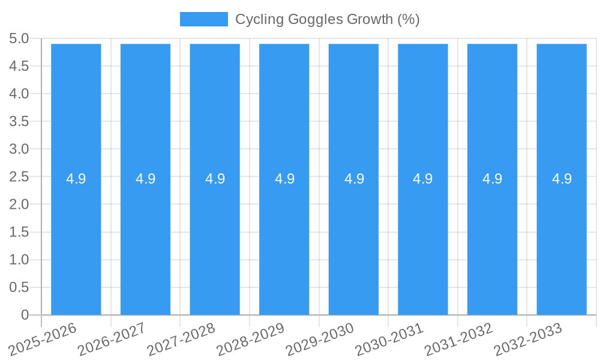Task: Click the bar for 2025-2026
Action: pos(76,240)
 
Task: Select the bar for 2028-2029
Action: pos(284,240)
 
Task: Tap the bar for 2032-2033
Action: pos(562,240)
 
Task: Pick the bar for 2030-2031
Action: pos(423,240)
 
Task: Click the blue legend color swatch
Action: pos(204,19)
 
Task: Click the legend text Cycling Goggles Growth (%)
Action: pos(327,19)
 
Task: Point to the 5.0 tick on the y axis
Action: pos(19,39)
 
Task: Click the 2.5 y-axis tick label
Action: pos(19,177)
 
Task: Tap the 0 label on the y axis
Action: pos(25,315)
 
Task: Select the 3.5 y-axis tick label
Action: pos(19,122)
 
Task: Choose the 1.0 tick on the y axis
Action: pos(19,260)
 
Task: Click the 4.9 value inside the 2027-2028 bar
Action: pos(215,179)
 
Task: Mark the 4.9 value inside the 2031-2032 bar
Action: pos(492,179)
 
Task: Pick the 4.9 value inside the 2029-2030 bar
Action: pos(354,179)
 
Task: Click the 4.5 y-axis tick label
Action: pos(19,67)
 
